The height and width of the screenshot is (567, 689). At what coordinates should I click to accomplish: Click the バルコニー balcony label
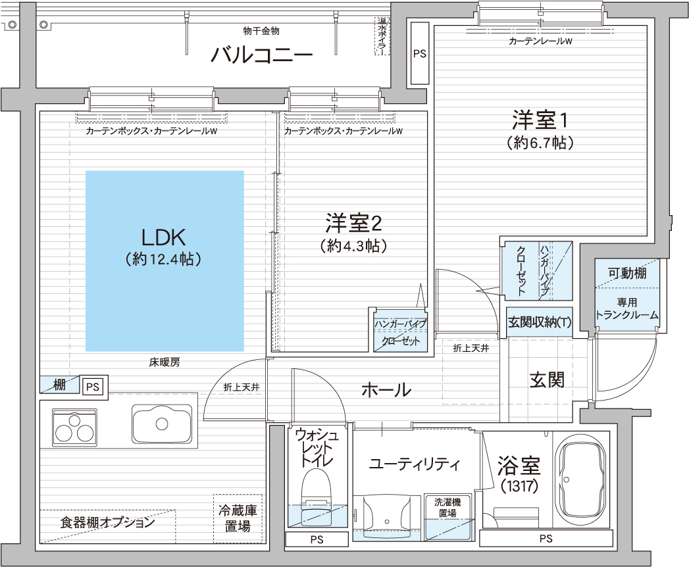coord(261,55)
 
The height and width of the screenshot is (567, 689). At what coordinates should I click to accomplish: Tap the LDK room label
coord(163,237)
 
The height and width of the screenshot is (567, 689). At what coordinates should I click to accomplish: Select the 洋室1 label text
coord(540,120)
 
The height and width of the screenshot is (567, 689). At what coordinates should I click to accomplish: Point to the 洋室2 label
coord(353,223)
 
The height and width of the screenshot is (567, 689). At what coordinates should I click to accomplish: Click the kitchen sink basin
coord(162,424)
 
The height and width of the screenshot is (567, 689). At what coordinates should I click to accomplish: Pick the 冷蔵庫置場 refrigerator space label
coord(238,518)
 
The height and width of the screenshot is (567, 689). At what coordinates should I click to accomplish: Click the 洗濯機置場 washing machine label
coord(447,507)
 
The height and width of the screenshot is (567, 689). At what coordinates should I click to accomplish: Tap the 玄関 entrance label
coord(547,380)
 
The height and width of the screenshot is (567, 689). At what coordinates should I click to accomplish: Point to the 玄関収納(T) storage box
coord(539,322)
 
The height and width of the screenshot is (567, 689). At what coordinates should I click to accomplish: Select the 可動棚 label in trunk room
coord(627,273)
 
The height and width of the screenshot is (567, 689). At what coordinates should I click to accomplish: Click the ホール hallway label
coord(386,389)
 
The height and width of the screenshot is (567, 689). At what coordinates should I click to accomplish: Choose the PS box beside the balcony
coord(420,53)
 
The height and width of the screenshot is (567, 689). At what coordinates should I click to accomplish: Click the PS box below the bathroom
coord(546,539)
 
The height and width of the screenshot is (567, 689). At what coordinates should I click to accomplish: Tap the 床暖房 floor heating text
coord(165,362)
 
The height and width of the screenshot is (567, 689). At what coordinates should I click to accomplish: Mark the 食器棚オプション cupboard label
coord(108,522)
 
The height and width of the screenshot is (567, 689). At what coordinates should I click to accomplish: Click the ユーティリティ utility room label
coord(415,464)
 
